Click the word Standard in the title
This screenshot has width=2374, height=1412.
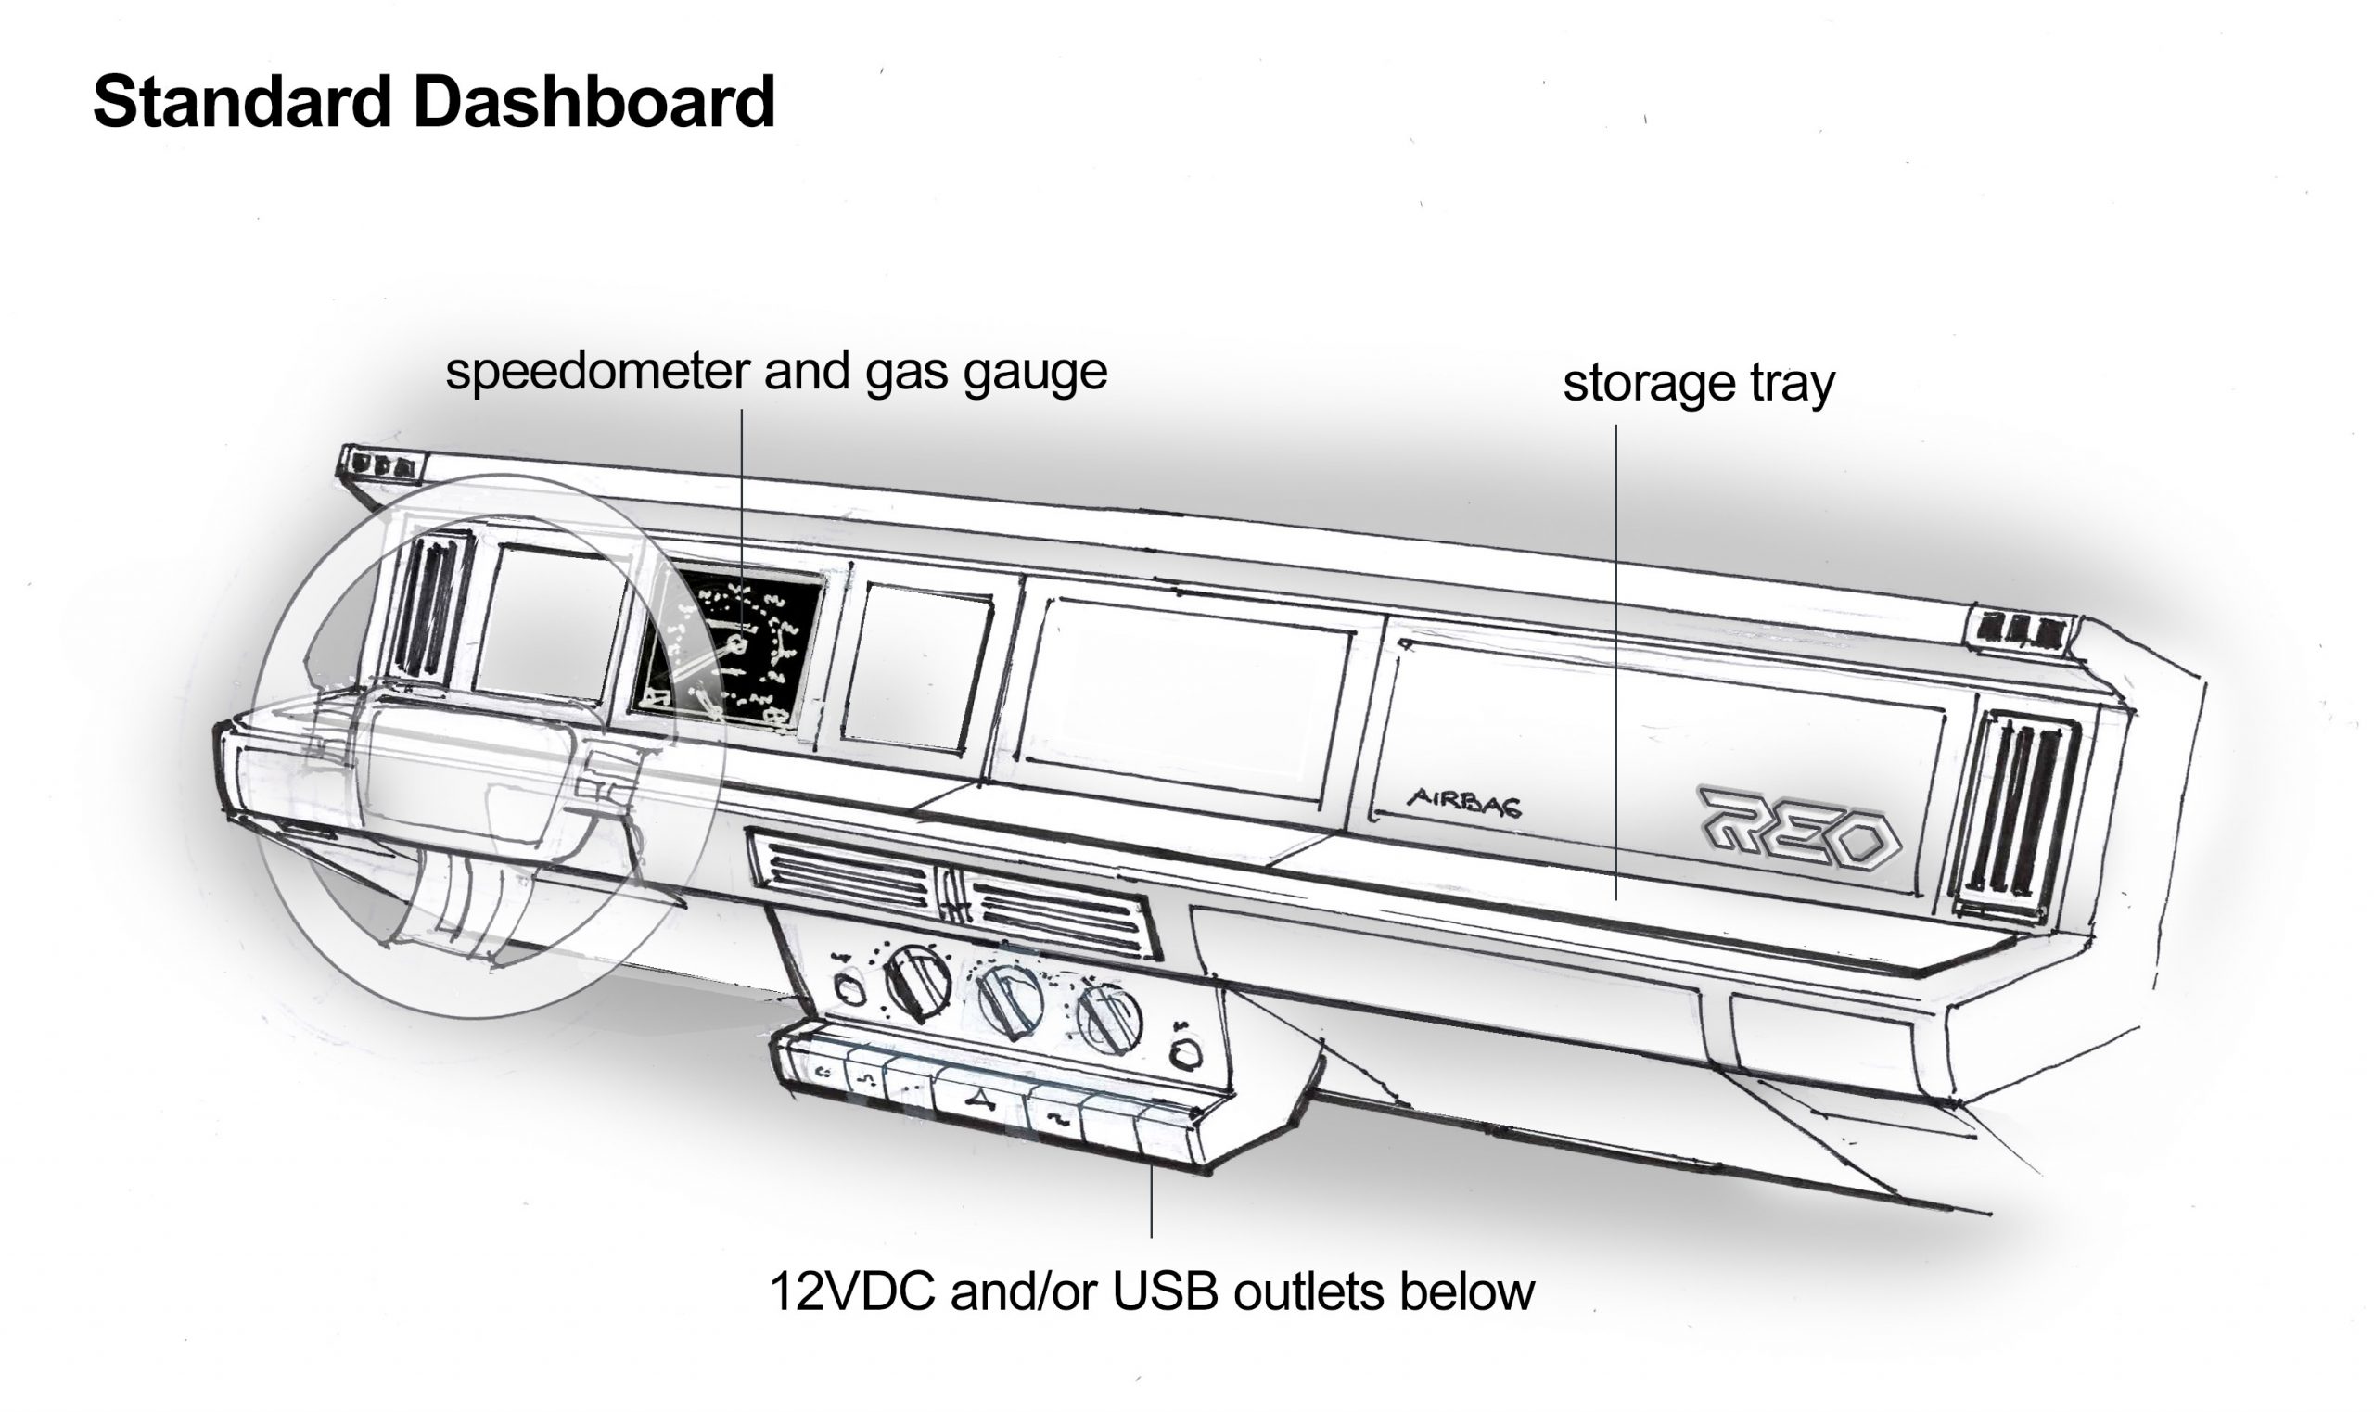coord(243,101)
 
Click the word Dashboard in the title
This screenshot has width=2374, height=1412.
coord(594,101)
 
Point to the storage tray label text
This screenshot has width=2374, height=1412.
coord(1699,385)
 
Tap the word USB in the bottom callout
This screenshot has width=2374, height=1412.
coord(1165,1292)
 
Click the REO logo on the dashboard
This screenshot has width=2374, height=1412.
coord(1798,826)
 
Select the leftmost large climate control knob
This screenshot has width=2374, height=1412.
coord(916,984)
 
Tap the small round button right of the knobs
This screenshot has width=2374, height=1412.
coord(1185,1052)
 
